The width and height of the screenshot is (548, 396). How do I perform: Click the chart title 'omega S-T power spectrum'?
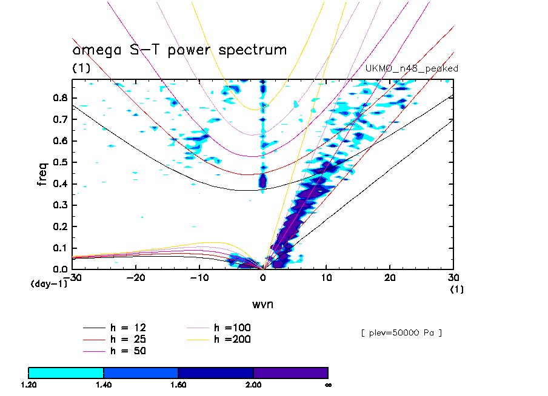tap(179, 50)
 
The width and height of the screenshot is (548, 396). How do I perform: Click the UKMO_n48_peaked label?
tap(412, 68)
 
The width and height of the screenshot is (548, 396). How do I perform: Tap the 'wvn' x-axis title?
tap(262, 304)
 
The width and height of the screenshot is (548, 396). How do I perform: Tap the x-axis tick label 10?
tap(326, 277)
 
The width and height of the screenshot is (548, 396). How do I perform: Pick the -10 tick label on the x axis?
tap(198, 277)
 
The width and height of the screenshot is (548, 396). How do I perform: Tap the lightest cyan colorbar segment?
tap(66, 372)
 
